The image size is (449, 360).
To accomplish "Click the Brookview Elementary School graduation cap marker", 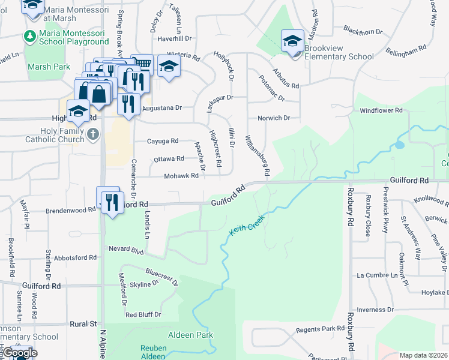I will (292, 41).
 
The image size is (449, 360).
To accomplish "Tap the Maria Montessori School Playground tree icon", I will (29, 37).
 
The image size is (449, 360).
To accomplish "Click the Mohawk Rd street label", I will (181, 176).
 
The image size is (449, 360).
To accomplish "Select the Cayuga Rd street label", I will (163, 141).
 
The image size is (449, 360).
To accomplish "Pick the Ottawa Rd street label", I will (169, 158).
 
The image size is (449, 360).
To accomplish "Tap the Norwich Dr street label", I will (273, 118).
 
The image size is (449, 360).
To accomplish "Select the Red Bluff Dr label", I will (143, 314).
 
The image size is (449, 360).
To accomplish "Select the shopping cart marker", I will (142, 64).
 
